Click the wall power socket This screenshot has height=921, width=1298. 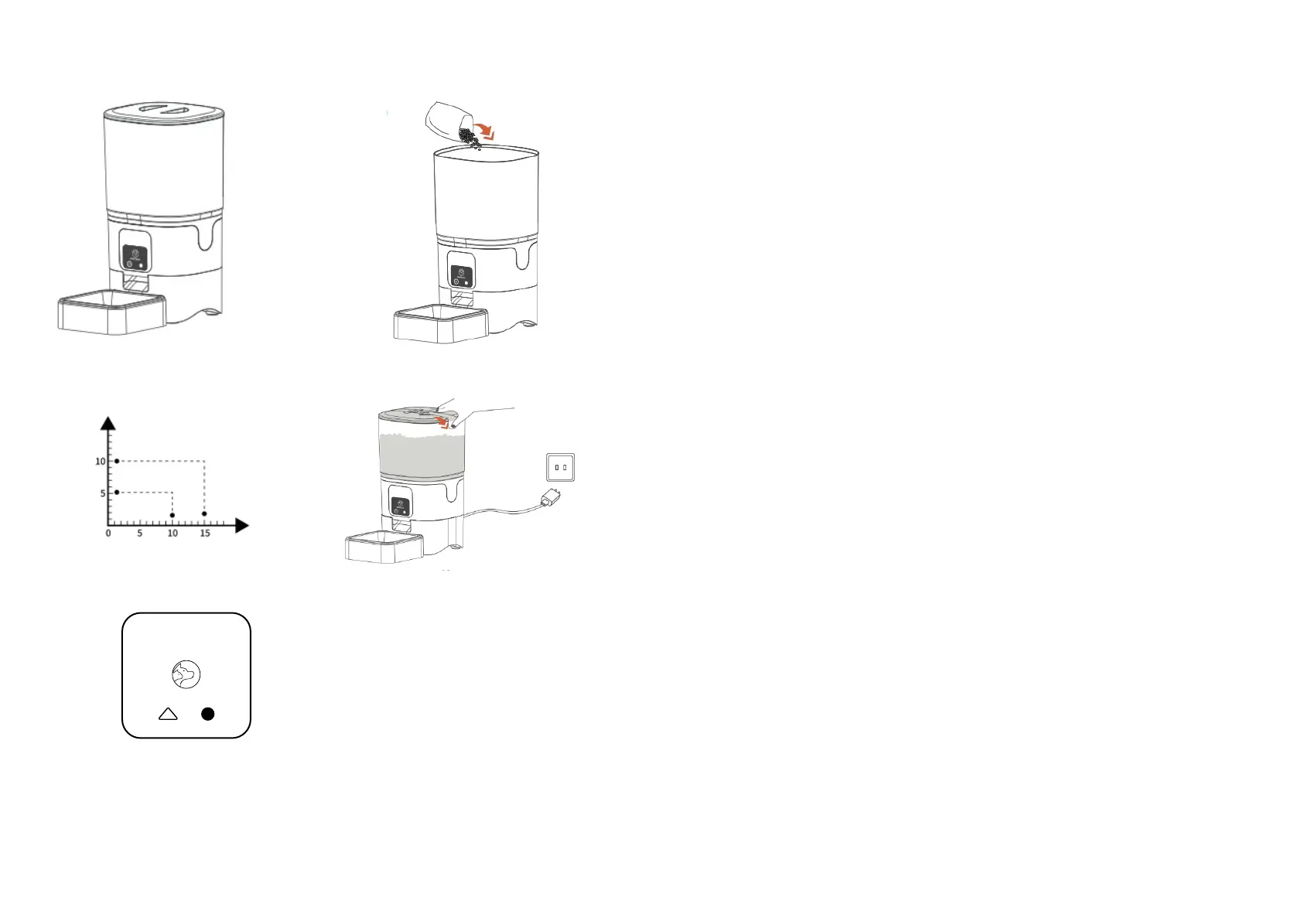560,468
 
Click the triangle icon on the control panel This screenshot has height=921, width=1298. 168,714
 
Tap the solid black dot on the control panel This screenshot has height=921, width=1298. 207,714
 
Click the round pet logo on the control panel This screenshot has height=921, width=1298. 186,674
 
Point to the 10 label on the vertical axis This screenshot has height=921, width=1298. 101,462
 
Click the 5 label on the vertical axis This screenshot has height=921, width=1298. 103,493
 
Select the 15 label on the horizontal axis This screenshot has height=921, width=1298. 205,534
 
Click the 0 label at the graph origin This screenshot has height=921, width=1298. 108,534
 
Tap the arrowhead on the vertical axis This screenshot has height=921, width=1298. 108,423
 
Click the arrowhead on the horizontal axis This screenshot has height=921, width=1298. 242,526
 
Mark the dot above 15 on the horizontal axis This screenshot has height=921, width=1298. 204,513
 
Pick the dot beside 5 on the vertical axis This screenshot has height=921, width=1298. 117,492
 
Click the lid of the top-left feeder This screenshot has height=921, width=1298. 164,112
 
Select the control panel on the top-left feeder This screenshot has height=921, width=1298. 136,257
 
